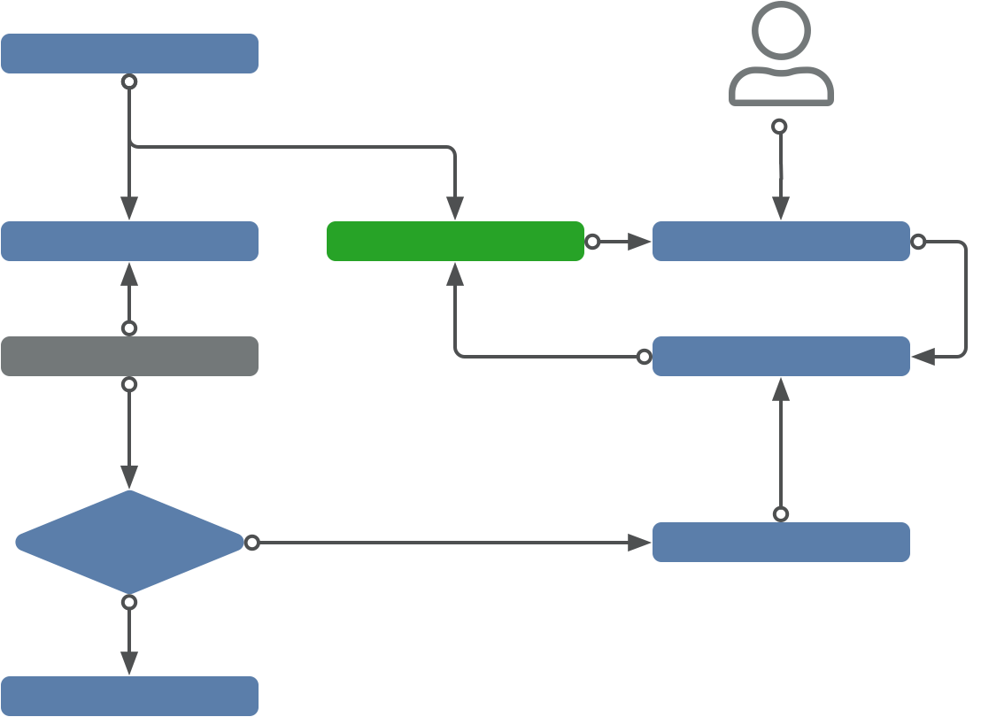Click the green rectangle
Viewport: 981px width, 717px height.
(455, 241)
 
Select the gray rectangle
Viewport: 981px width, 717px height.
(129, 356)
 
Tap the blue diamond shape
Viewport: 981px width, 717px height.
(129, 542)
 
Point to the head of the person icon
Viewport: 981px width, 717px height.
(781, 31)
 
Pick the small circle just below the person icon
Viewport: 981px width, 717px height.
(780, 127)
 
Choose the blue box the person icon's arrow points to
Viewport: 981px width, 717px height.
(781, 241)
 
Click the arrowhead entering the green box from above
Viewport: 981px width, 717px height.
(455, 211)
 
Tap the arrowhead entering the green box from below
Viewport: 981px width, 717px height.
(455, 273)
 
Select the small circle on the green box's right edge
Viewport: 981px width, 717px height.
(592, 242)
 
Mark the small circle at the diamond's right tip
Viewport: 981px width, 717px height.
(251, 543)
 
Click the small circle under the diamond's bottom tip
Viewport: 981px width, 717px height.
(129, 603)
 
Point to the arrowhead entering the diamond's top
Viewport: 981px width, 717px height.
(129, 479)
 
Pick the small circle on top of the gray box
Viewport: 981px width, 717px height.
(129, 328)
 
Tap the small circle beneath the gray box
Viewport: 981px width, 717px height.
(129, 385)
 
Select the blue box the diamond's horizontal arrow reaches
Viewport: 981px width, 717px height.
(781, 542)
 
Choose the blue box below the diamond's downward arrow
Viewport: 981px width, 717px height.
(129, 696)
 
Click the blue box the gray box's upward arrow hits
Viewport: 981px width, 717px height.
(129, 241)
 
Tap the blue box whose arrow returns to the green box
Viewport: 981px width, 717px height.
(781, 356)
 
